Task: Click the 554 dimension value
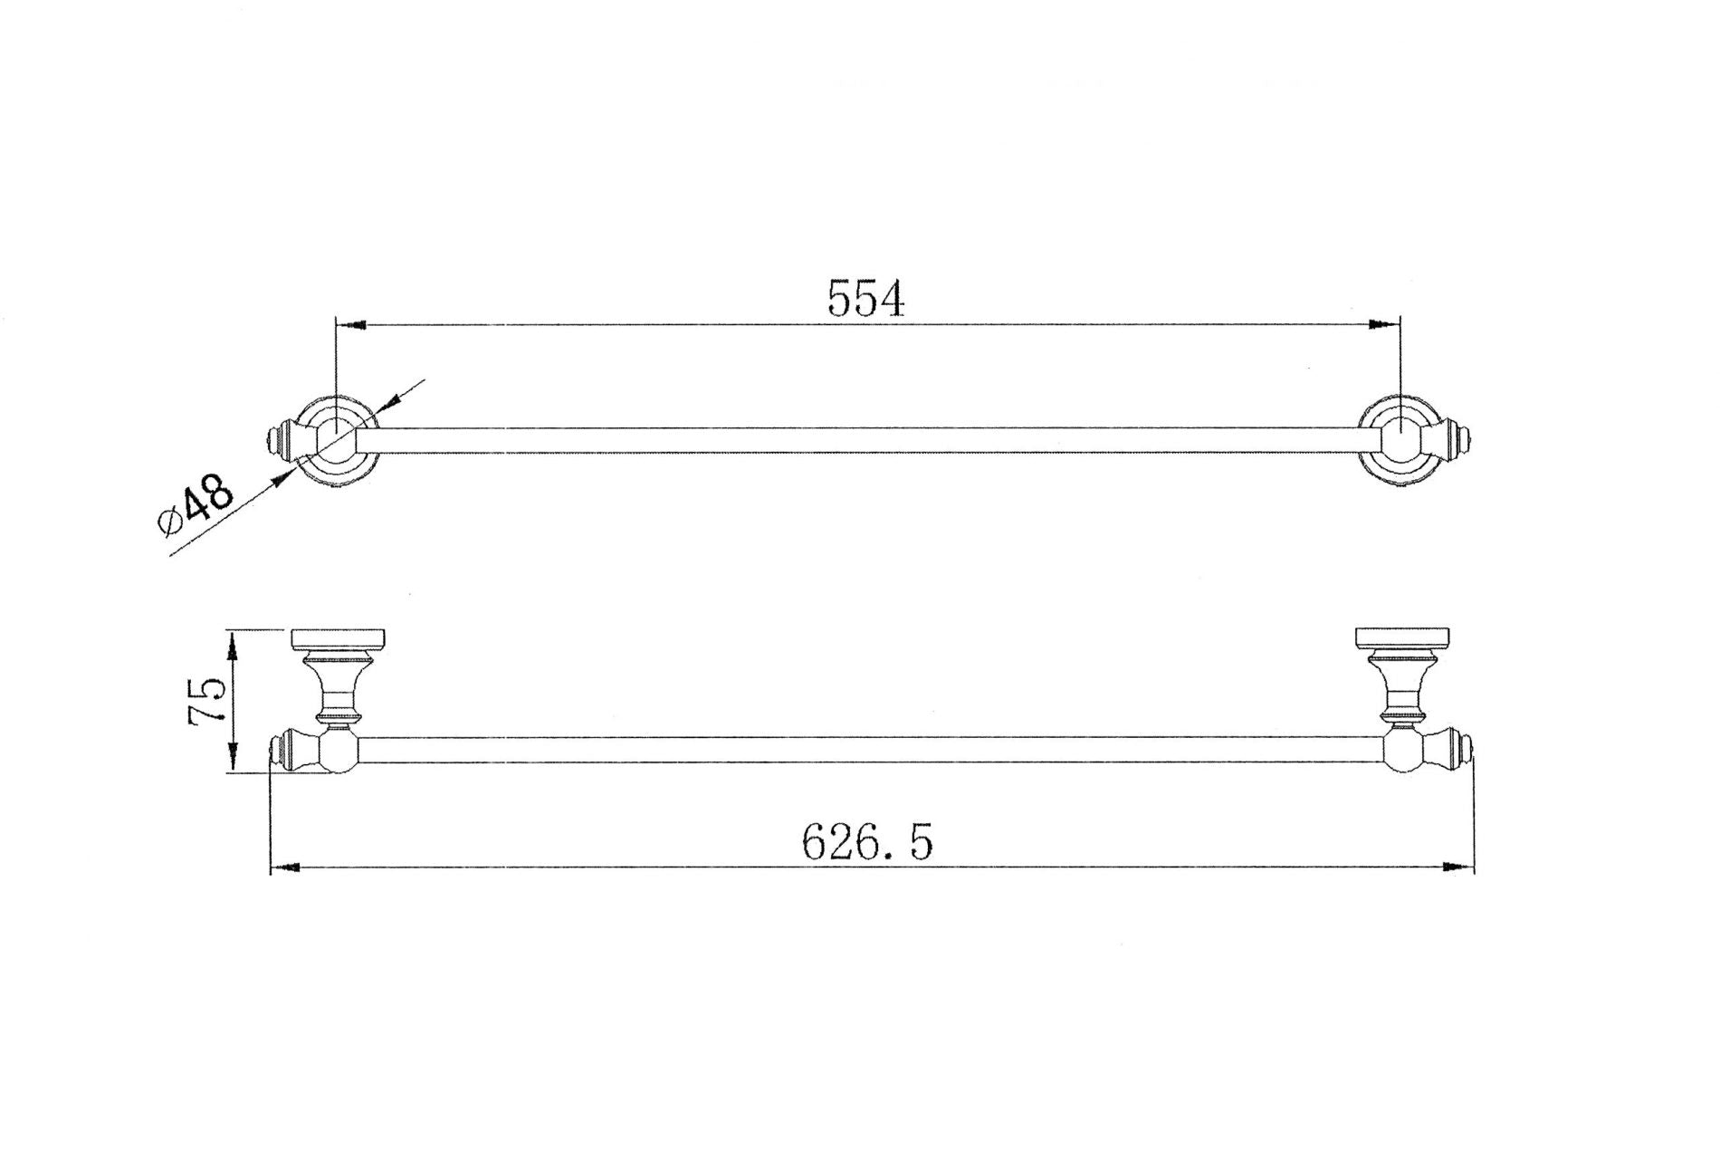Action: tap(866, 299)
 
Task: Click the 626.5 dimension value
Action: tap(866, 843)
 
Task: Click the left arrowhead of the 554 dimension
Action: tap(351, 323)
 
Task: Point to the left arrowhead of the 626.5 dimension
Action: tap(286, 867)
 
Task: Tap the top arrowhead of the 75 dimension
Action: tap(233, 644)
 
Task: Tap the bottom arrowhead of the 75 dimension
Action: tap(233, 758)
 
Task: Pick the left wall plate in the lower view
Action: tap(339, 639)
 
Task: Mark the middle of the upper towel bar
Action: tap(866, 441)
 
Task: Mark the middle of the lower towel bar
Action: tap(866, 750)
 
